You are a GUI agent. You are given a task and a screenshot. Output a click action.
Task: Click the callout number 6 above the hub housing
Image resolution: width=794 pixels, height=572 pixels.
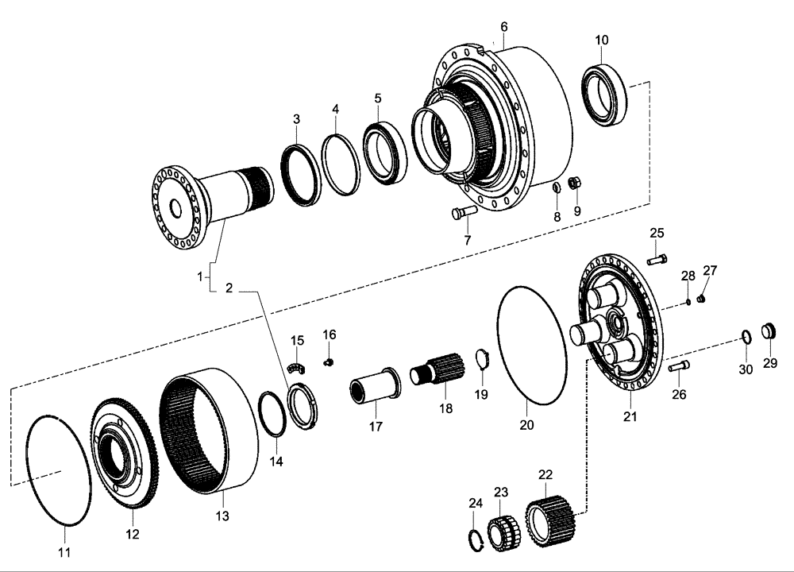pyautogui.click(x=503, y=26)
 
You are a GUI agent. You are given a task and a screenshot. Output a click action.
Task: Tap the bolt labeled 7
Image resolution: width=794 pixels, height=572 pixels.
pyautogui.click(x=462, y=213)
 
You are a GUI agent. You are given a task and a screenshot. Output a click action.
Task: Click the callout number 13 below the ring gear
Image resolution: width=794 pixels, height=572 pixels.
pyautogui.click(x=222, y=516)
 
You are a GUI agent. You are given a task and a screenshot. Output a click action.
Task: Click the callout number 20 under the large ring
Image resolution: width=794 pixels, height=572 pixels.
pyautogui.click(x=526, y=424)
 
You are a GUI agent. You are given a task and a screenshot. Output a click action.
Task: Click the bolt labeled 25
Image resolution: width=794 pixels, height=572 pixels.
pyautogui.click(x=657, y=258)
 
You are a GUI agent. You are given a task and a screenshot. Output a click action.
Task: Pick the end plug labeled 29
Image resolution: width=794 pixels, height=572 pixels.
pyautogui.click(x=769, y=330)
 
